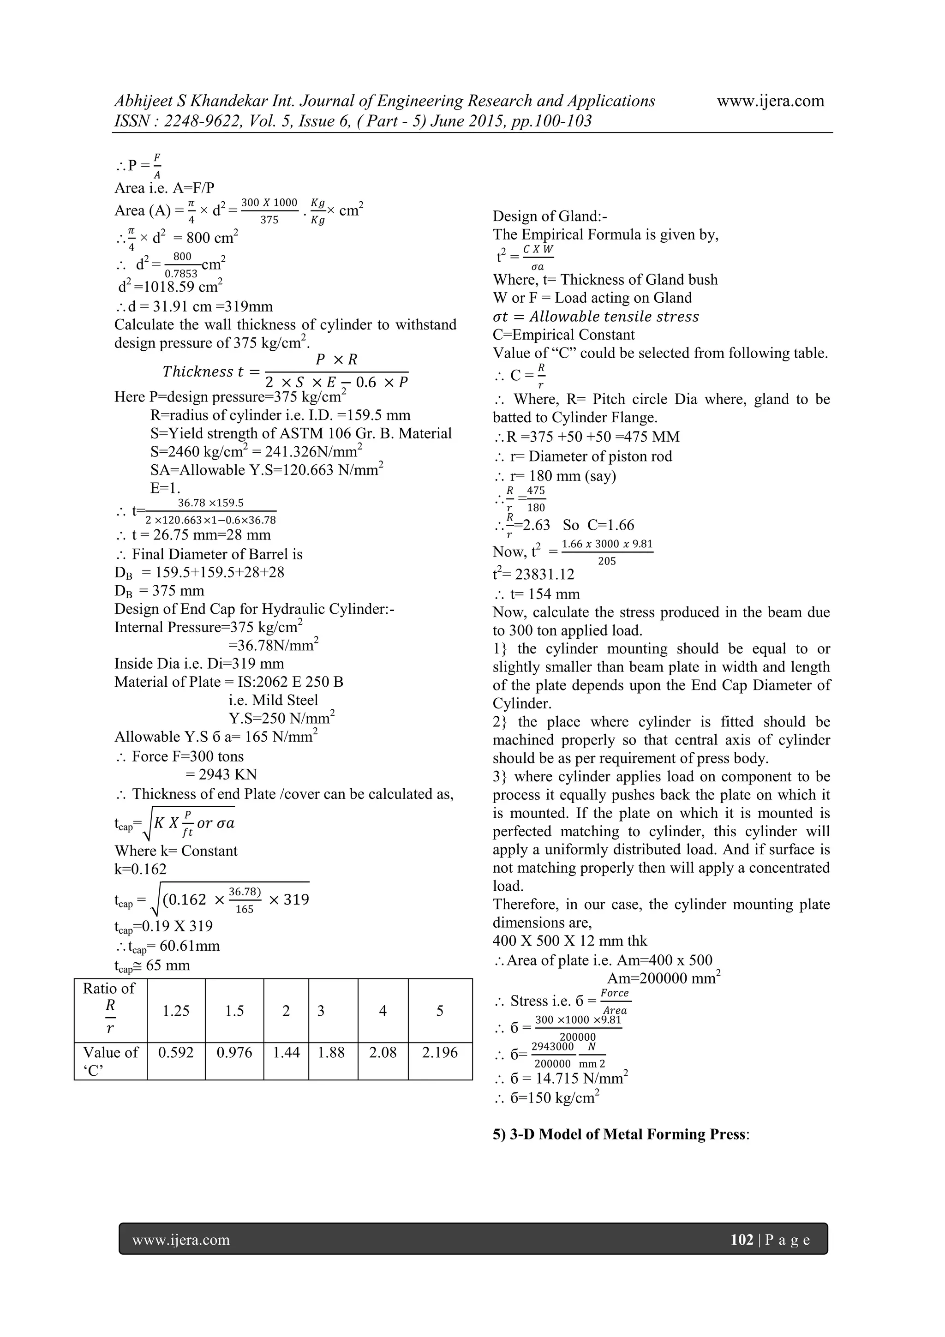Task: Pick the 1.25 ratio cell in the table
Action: [176, 1011]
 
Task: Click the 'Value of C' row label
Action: [110, 1061]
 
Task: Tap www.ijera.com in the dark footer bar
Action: [181, 1240]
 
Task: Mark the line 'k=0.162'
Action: [140, 869]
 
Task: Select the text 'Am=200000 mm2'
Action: [663, 978]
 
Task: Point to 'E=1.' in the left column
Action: [165, 488]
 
